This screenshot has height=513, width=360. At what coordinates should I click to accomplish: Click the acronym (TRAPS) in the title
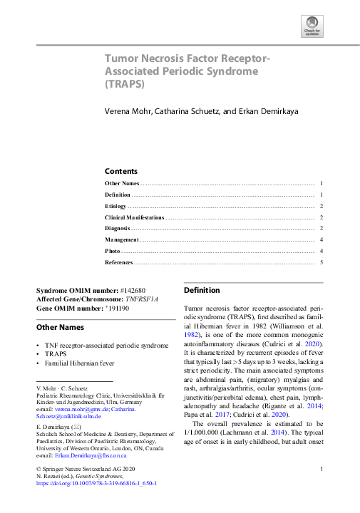(x=125, y=83)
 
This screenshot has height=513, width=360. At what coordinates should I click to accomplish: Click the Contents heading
(x=120, y=171)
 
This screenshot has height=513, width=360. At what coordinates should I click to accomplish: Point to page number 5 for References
(x=322, y=263)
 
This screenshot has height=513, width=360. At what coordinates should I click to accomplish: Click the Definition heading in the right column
(x=202, y=291)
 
